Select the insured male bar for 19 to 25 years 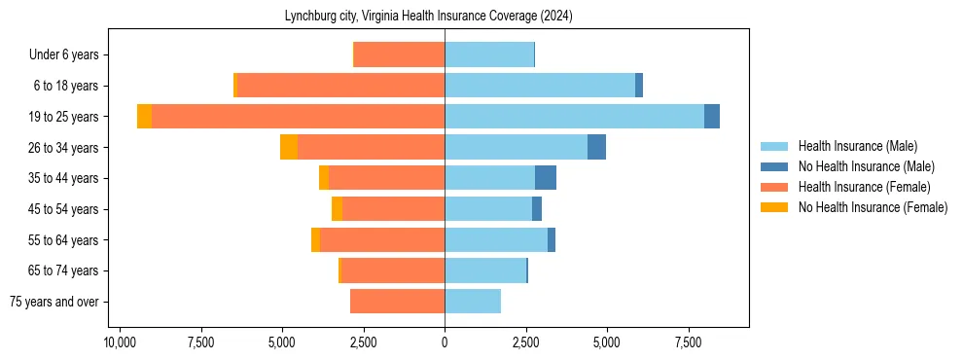(x=574, y=117)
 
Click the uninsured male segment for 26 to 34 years (x=596, y=147)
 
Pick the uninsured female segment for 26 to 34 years (x=289, y=147)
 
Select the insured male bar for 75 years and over (x=473, y=302)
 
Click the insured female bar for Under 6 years (x=399, y=54)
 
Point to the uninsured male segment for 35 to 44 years (x=546, y=178)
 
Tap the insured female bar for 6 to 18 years (x=340, y=86)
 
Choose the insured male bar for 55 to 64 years (x=496, y=239)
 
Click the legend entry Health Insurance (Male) (x=857, y=146)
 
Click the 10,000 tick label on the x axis (x=120, y=342)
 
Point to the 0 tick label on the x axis (x=445, y=342)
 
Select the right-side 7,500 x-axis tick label (x=688, y=342)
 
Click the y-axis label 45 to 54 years (x=64, y=209)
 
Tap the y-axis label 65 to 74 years (x=64, y=270)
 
